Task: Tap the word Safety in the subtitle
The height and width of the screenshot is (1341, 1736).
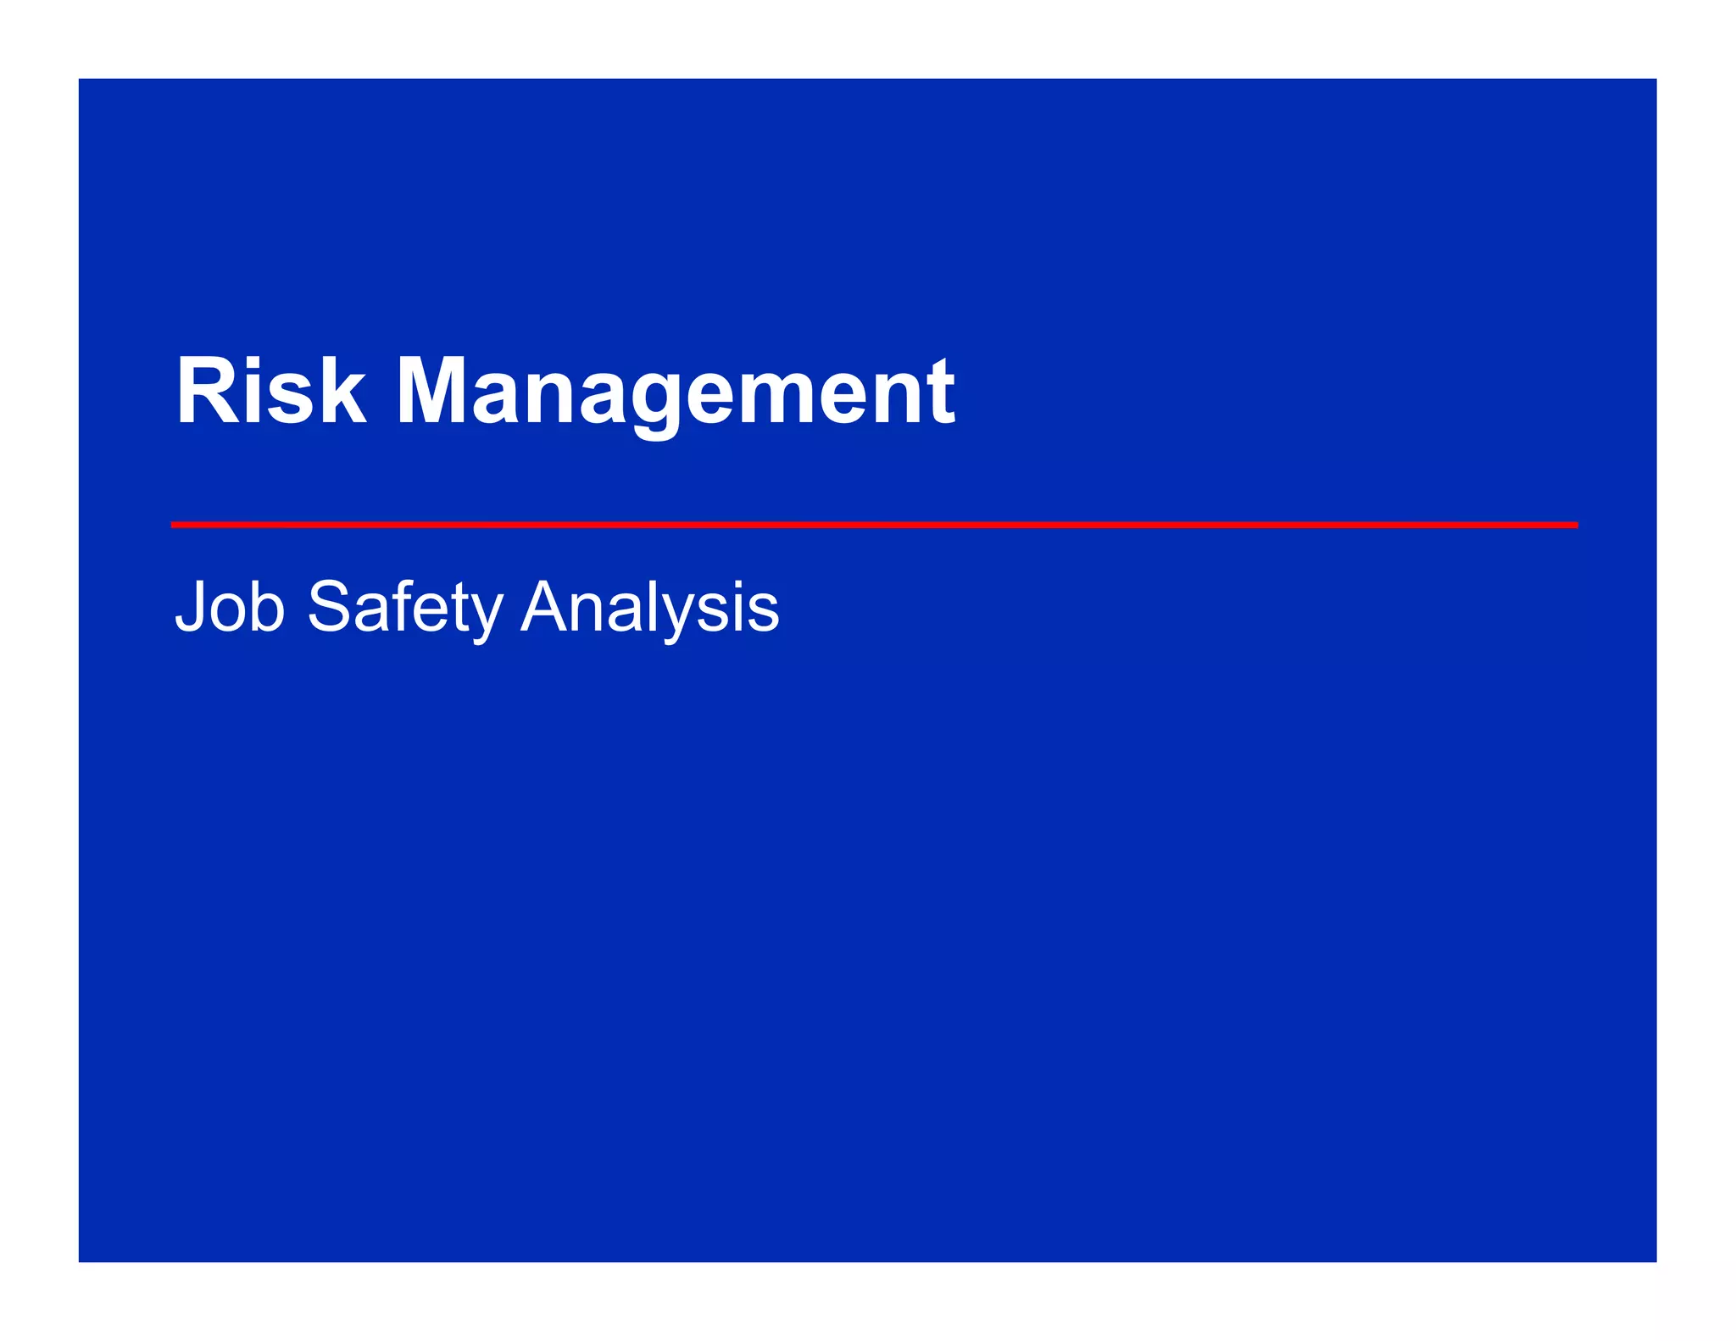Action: pos(405,608)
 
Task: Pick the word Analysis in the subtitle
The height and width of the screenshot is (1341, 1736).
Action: pos(649,608)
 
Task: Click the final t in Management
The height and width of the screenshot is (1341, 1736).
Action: pos(941,392)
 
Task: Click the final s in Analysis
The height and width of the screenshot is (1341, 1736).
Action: pos(765,612)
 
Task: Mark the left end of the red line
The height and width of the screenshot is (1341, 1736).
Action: pos(173,526)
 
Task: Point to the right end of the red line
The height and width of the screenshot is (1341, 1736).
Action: pos(1576,526)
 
